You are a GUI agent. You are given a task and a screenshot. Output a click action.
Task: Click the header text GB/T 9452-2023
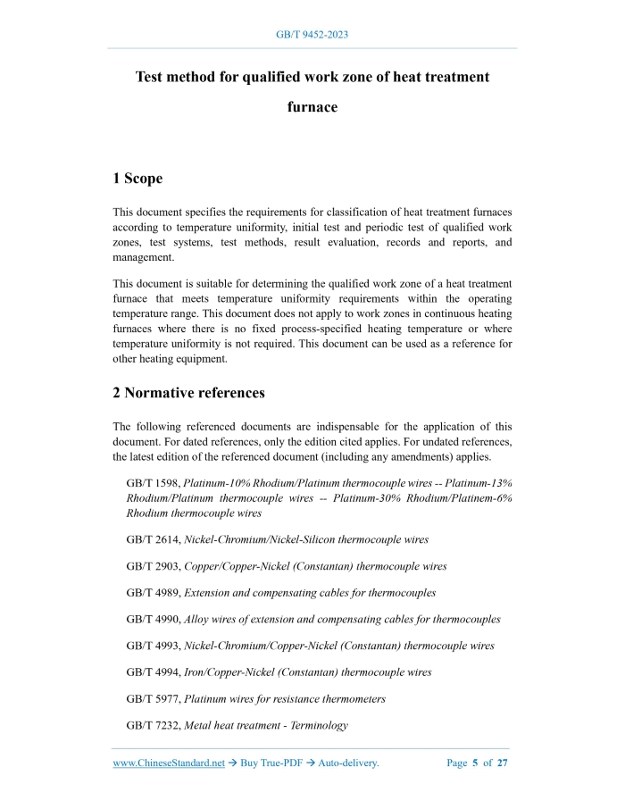312,35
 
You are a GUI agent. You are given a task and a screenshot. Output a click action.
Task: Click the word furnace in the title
312,107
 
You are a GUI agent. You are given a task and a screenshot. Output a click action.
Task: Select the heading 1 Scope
137,179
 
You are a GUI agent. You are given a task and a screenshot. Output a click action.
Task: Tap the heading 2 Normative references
188,392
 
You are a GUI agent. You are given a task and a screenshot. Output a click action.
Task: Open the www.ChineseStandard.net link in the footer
169,763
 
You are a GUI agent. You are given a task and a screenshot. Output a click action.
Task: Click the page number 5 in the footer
476,763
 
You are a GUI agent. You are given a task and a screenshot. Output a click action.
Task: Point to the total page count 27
503,763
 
